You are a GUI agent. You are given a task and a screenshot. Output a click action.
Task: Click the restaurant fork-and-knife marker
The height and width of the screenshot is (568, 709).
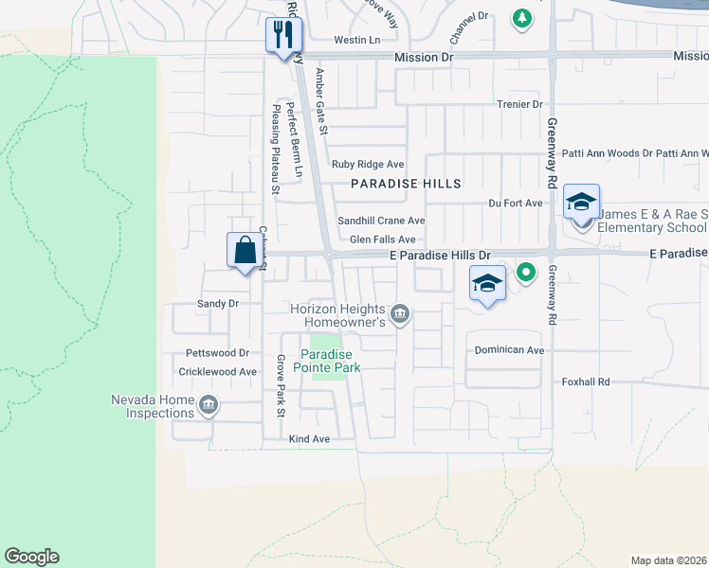(x=282, y=36)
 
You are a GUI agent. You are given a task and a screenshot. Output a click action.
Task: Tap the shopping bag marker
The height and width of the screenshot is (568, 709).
(x=245, y=251)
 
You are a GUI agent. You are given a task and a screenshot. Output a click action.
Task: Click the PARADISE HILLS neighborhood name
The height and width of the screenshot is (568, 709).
(x=406, y=184)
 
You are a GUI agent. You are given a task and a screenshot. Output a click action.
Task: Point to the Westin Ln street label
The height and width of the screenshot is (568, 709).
(x=356, y=41)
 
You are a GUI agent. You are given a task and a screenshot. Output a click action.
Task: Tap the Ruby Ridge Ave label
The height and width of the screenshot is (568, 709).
(x=367, y=164)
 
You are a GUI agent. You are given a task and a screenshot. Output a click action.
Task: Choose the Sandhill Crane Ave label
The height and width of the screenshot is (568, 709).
(x=381, y=221)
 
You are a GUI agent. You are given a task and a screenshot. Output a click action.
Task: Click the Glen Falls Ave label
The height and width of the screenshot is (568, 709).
(x=382, y=240)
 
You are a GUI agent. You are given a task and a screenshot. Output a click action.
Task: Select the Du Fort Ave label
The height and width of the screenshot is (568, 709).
(x=515, y=203)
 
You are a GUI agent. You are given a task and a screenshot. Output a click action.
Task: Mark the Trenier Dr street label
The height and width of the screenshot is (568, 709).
(x=518, y=104)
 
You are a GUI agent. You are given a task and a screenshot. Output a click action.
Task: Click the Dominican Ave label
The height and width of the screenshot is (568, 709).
(x=510, y=350)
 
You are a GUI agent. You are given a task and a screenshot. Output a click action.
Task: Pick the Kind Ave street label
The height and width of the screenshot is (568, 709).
(x=309, y=439)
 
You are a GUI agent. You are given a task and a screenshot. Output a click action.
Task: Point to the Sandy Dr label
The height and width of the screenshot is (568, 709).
(x=217, y=304)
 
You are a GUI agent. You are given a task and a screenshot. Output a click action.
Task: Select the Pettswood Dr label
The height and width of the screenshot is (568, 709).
(x=217, y=352)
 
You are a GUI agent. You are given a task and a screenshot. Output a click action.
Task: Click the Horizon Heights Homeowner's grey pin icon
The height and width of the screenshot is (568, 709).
(x=400, y=313)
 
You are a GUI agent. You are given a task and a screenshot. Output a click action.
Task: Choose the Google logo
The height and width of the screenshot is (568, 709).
(x=31, y=557)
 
